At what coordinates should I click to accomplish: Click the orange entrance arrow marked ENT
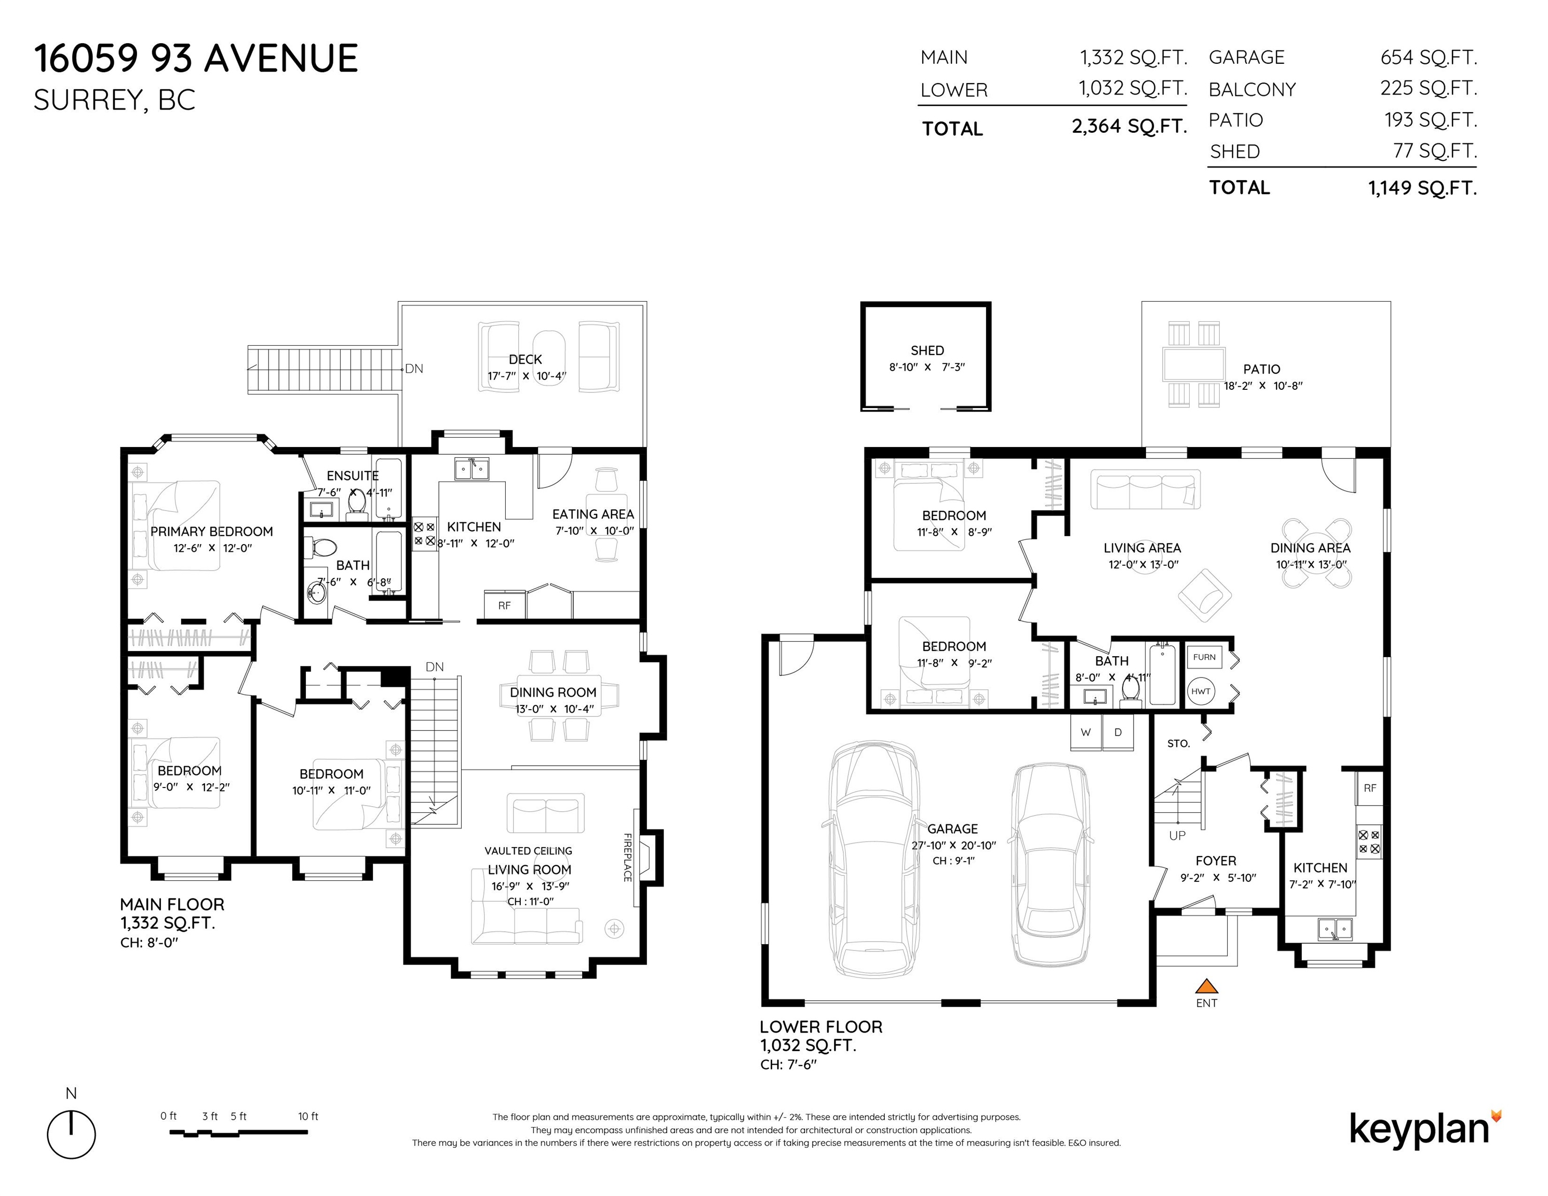tap(1206, 986)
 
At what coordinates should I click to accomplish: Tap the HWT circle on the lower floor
tap(1201, 691)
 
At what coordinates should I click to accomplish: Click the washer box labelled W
tap(1085, 732)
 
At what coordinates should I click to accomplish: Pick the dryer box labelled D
tap(1118, 732)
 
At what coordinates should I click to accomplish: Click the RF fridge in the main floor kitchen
tap(504, 605)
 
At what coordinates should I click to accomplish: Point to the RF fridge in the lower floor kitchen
tap(1369, 788)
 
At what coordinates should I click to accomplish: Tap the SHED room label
tap(927, 351)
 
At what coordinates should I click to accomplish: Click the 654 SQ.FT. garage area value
tap(1428, 58)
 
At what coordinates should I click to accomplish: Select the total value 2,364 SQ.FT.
tap(1129, 127)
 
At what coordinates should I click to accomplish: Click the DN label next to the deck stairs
tap(414, 369)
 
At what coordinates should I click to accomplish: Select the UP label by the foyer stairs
tap(1177, 835)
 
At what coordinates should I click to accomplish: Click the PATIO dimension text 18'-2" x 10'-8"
tap(1263, 386)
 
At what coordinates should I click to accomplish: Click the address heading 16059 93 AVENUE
tap(196, 58)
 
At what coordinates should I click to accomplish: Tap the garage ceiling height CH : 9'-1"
tap(954, 861)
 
